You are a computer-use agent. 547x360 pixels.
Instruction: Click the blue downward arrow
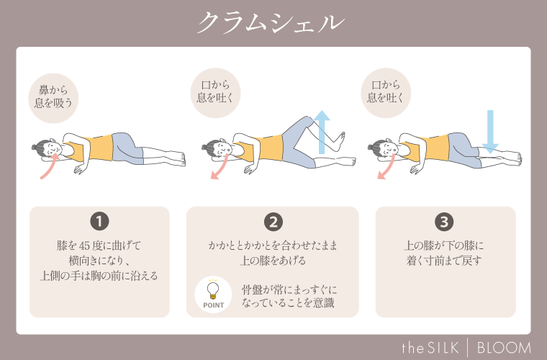490,130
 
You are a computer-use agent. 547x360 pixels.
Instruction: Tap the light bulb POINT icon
213,293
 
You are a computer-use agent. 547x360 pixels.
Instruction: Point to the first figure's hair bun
35,148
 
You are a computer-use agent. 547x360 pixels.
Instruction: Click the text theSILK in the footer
431,346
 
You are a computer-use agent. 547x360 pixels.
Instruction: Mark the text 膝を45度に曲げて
99,245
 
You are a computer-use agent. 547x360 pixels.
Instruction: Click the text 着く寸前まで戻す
445,260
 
